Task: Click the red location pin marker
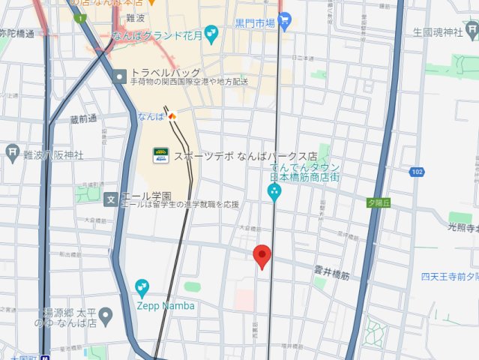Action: click(262, 256)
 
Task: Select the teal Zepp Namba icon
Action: click(142, 287)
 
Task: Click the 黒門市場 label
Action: click(256, 22)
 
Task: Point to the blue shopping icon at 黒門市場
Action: click(284, 22)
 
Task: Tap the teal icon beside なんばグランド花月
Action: click(211, 33)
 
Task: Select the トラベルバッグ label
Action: click(166, 73)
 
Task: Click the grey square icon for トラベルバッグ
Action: click(120, 76)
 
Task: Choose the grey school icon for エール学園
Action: click(111, 199)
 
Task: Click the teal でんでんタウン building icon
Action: click(274, 193)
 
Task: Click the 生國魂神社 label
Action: click(440, 32)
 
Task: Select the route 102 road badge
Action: click(418, 172)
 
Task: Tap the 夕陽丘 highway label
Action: click(379, 202)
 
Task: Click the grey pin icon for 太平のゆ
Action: click(106, 314)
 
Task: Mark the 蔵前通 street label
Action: click(83, 118)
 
